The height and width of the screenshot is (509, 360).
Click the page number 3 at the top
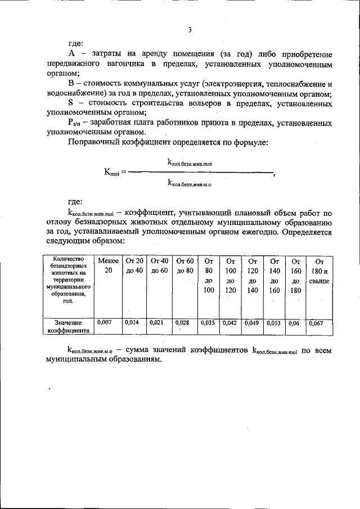tap(190, 29)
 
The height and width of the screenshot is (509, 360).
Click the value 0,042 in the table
tap(229, 323)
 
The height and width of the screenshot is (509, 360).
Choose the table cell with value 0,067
tap(318, 323)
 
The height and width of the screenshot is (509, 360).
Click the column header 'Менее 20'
tap(108, 265)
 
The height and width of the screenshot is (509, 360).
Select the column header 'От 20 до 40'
tap(135, 265)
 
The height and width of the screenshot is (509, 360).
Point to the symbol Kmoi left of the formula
tap(111, 172)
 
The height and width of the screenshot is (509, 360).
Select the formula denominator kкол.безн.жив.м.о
tap(190, 182)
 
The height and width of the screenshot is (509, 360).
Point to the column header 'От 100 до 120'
tap(230, 275)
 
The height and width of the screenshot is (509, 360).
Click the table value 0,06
tap(294, 323)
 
